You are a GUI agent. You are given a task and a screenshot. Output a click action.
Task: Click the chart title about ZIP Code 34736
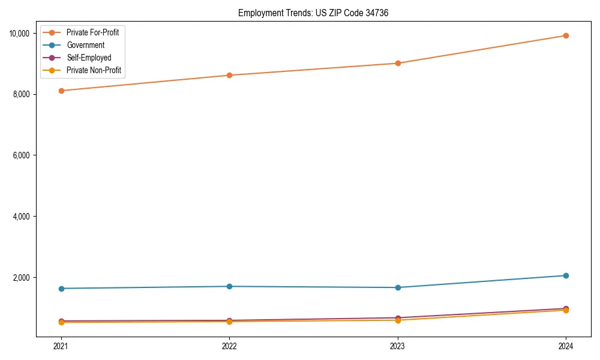click(x=313, y=13)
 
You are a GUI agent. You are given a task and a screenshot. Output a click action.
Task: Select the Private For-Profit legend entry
click(x=92, y=32)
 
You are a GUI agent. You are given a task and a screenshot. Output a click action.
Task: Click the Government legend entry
click(x=85, y=45)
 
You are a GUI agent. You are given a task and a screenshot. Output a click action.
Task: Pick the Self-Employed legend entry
click(x=89, y=58)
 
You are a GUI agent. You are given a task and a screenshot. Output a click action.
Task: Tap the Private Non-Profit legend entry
click(x=94, y=70)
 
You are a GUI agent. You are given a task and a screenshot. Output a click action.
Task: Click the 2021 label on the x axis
click(x=60, y=346)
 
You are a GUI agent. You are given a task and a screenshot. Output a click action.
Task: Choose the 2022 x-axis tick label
click(x=229, y=346)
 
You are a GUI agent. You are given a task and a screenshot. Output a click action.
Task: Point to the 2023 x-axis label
click(x=397, y=346)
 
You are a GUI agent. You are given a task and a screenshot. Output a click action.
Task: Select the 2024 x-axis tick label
click(x=566, y=346)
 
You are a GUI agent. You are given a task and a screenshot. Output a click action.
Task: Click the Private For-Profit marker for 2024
click(x=566, y=35)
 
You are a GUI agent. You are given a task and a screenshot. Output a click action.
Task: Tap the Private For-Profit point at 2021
click(x=60, y=91)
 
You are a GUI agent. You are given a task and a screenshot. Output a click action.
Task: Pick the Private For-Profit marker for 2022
click(x=229, y=75)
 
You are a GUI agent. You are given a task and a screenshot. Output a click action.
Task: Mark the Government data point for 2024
click(x=566, y=275)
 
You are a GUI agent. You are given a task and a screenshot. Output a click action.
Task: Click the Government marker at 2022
click(x=229, y=286)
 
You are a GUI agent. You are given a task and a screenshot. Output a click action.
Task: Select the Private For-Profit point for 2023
click(x=397, y=63)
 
